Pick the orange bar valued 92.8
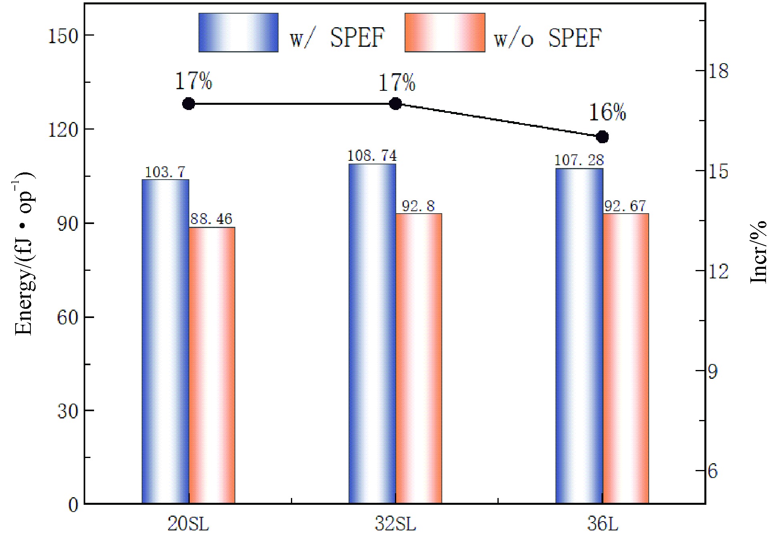tap(419, 358)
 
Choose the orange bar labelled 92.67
tap(626, 358)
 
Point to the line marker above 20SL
tap(188, 104)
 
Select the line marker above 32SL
tap(395, 104)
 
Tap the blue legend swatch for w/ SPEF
tap(239, 32)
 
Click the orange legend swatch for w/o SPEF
tap(445, 32)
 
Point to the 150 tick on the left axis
tap(63, 36)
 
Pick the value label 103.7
tap(165, 172)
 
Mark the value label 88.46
tap(211, 219)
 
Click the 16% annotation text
tap(607, 112)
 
